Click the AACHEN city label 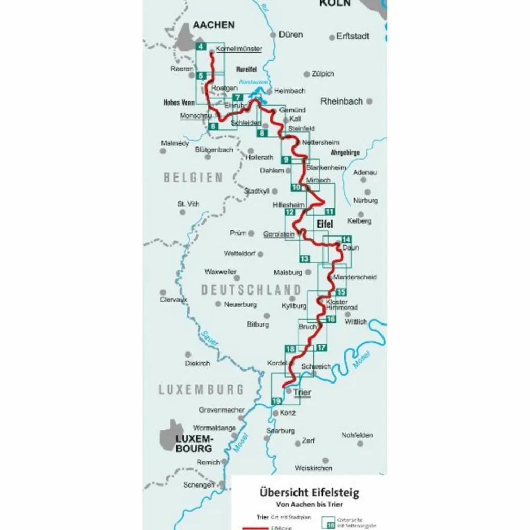[213, 25]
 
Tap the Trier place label [302, 392]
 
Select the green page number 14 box [346, 239]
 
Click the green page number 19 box [276, 401]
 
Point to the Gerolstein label [278, 234]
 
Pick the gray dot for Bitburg [267, 315]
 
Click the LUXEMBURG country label [201, 389]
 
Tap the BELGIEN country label [193, 178]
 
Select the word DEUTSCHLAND [251, 290]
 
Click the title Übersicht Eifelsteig [309, 492]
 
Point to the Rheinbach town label [342, 101]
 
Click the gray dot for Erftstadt [332, 37]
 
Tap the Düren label [290, 35]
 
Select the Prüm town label [238, 233]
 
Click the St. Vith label [188, 204]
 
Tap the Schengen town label [199, 485]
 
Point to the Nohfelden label [357, 435]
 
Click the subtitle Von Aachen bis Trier [309, 504]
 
